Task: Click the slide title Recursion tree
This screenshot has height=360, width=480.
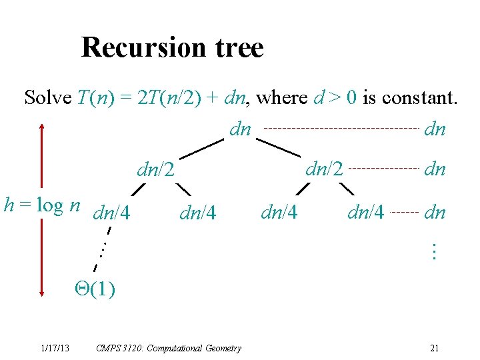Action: pos(172,48)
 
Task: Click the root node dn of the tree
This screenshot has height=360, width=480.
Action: pos(240,129)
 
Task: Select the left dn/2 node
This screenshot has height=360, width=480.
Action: pos(155,171)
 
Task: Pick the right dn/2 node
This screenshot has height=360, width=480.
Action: pos(324,169)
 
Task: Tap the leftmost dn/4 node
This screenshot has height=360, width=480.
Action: pos(111,213)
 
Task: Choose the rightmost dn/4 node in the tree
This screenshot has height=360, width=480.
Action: pos(366,213)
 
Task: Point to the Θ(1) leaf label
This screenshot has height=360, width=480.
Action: pos(95,289)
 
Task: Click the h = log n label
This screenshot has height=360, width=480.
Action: pos(42,205)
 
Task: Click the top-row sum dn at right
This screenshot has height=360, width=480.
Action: pos(435,129)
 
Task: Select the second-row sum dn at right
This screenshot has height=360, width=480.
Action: pos(435,170)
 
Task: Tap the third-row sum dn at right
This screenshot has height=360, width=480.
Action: pos(435,213)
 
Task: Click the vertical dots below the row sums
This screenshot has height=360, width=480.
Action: pos(434,251)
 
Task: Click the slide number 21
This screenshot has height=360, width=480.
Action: pos(434,348)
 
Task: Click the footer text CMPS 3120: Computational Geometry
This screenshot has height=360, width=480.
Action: pos(169,348)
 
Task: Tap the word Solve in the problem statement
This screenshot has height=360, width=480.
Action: pos(47,98)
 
